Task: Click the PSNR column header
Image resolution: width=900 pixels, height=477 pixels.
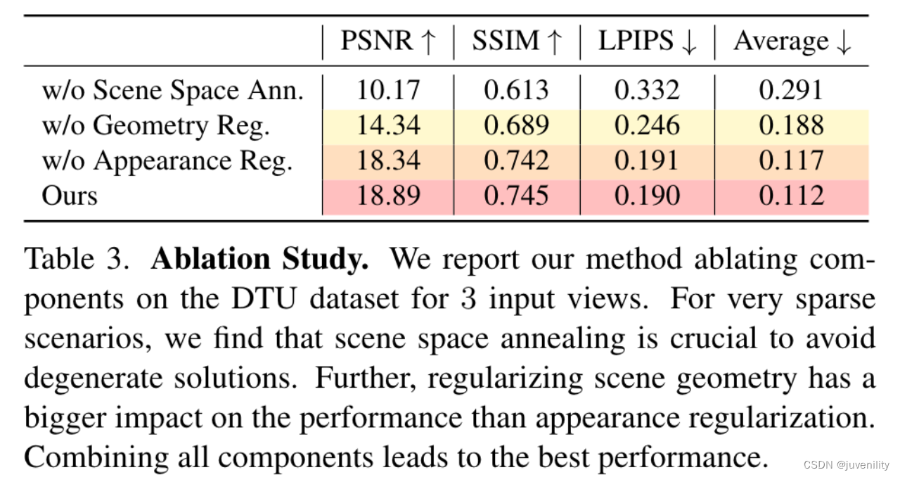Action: pos(388,42)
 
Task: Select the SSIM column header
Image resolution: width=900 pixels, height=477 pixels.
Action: pos(517,42)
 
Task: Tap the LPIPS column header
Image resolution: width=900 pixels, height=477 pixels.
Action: pos(647,42)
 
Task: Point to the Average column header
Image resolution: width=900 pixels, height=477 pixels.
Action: pos(792,42)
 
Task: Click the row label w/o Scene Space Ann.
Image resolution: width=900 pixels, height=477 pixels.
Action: pos(173,90)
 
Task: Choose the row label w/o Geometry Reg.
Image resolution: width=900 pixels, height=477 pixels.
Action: pos(156,125)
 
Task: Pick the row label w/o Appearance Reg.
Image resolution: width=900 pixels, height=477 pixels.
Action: pos(167,160)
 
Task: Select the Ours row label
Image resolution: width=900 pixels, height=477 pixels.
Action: pos(70,195)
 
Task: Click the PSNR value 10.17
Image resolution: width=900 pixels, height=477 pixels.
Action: pos(388,90)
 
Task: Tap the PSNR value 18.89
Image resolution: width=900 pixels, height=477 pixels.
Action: pos(388,195)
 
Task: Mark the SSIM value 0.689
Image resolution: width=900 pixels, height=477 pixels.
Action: pos(517,125)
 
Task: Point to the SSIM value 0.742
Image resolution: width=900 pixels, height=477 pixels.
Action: pos(517,160)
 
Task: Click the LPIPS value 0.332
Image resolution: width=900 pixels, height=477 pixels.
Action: pos(647,90)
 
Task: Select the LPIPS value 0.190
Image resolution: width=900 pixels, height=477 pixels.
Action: pos(647,195)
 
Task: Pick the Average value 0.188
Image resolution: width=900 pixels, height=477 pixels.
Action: pos(792,125)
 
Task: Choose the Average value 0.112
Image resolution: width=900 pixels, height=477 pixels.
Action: pos(792,195)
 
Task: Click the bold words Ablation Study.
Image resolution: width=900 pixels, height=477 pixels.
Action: pos(259,260)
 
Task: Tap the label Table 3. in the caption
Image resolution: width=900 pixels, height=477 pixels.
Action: pos(77,260)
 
